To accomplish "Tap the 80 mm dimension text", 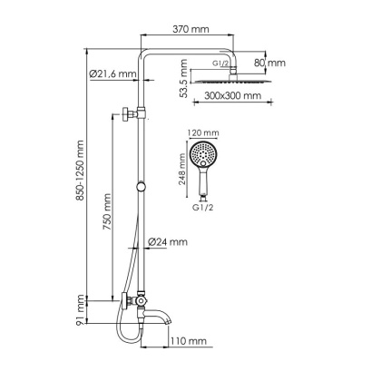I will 271,63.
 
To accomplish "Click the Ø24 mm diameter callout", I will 171,242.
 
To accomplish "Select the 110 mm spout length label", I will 190,341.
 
